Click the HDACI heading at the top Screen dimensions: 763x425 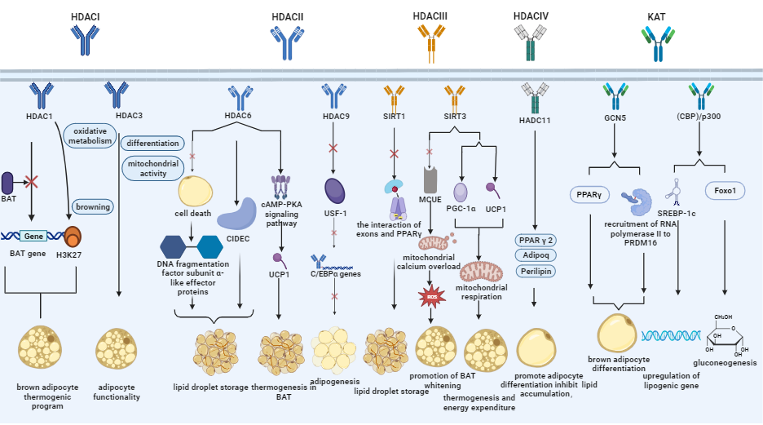click(x=85, y=17)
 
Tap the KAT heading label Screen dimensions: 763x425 click(x=656, y=17)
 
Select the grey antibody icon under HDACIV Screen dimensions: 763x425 click(x=531, y=43)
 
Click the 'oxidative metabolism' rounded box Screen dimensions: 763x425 click(x=90, y=136)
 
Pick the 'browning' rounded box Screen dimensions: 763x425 click(x=93, y=207)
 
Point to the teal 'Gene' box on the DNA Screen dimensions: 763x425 click(x=33, y=236)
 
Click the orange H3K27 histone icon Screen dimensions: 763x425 click(x=73, y=237)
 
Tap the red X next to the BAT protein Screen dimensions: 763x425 click(x=32, y=182)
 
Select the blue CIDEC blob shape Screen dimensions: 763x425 click(x=237, y=213)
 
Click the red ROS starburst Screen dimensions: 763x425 click(x=431, y=296)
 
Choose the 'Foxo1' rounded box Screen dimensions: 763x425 click(x=725, y=191)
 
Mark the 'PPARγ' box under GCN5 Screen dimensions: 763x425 click(x=589, y=195)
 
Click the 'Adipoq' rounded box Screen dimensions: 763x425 click(x=536, y=255)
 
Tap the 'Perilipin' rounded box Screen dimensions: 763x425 click(x=536, y=271)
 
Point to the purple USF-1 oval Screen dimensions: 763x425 click(x=335, y=191)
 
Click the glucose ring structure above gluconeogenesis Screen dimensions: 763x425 click(x=725, y=336)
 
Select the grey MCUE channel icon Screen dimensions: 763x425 click(x=430, y=180)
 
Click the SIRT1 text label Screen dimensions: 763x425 click(x=395, y=117)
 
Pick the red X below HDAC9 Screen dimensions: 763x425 click(x=333, y=148)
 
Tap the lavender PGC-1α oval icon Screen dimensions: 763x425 click(x=461, y=193)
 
